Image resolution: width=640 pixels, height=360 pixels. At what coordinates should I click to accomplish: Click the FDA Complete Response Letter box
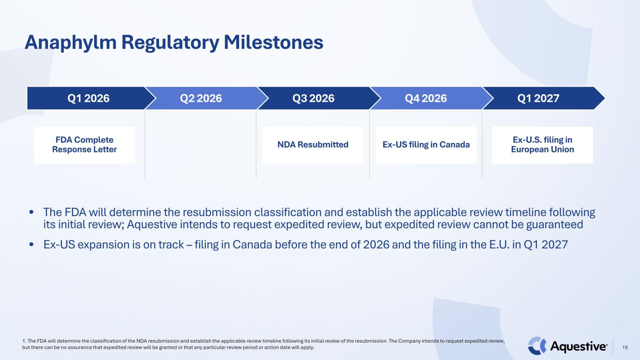(x=84, y=145)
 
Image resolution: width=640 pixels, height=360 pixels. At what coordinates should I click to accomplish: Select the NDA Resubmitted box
(x=313, y=145)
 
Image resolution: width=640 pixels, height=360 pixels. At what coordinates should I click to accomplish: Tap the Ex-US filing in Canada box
(x=426, y=145)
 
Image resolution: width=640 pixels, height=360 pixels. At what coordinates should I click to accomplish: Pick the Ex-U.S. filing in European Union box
(x=542, y=145)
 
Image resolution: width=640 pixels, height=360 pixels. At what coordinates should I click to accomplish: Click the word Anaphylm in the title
(x=71, y=43)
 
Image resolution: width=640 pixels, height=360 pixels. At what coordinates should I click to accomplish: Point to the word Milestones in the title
(x=273, y=42)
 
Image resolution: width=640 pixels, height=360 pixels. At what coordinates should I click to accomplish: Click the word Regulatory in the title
(x=170, y=43)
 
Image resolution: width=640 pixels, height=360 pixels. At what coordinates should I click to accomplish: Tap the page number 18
(x=625, y=347)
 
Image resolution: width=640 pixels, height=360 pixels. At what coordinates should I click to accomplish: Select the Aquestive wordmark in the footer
(x=579, y=346)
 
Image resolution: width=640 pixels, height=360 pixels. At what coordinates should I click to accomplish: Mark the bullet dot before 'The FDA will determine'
(x=31, y=212)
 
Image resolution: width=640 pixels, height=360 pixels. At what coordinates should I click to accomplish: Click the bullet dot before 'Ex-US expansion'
(x=31, y=245)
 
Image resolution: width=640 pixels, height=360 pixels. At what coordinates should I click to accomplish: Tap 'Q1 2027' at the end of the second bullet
(x=546, y=245)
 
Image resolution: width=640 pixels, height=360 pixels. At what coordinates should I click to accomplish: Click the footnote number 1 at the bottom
(x=24, y=341)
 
